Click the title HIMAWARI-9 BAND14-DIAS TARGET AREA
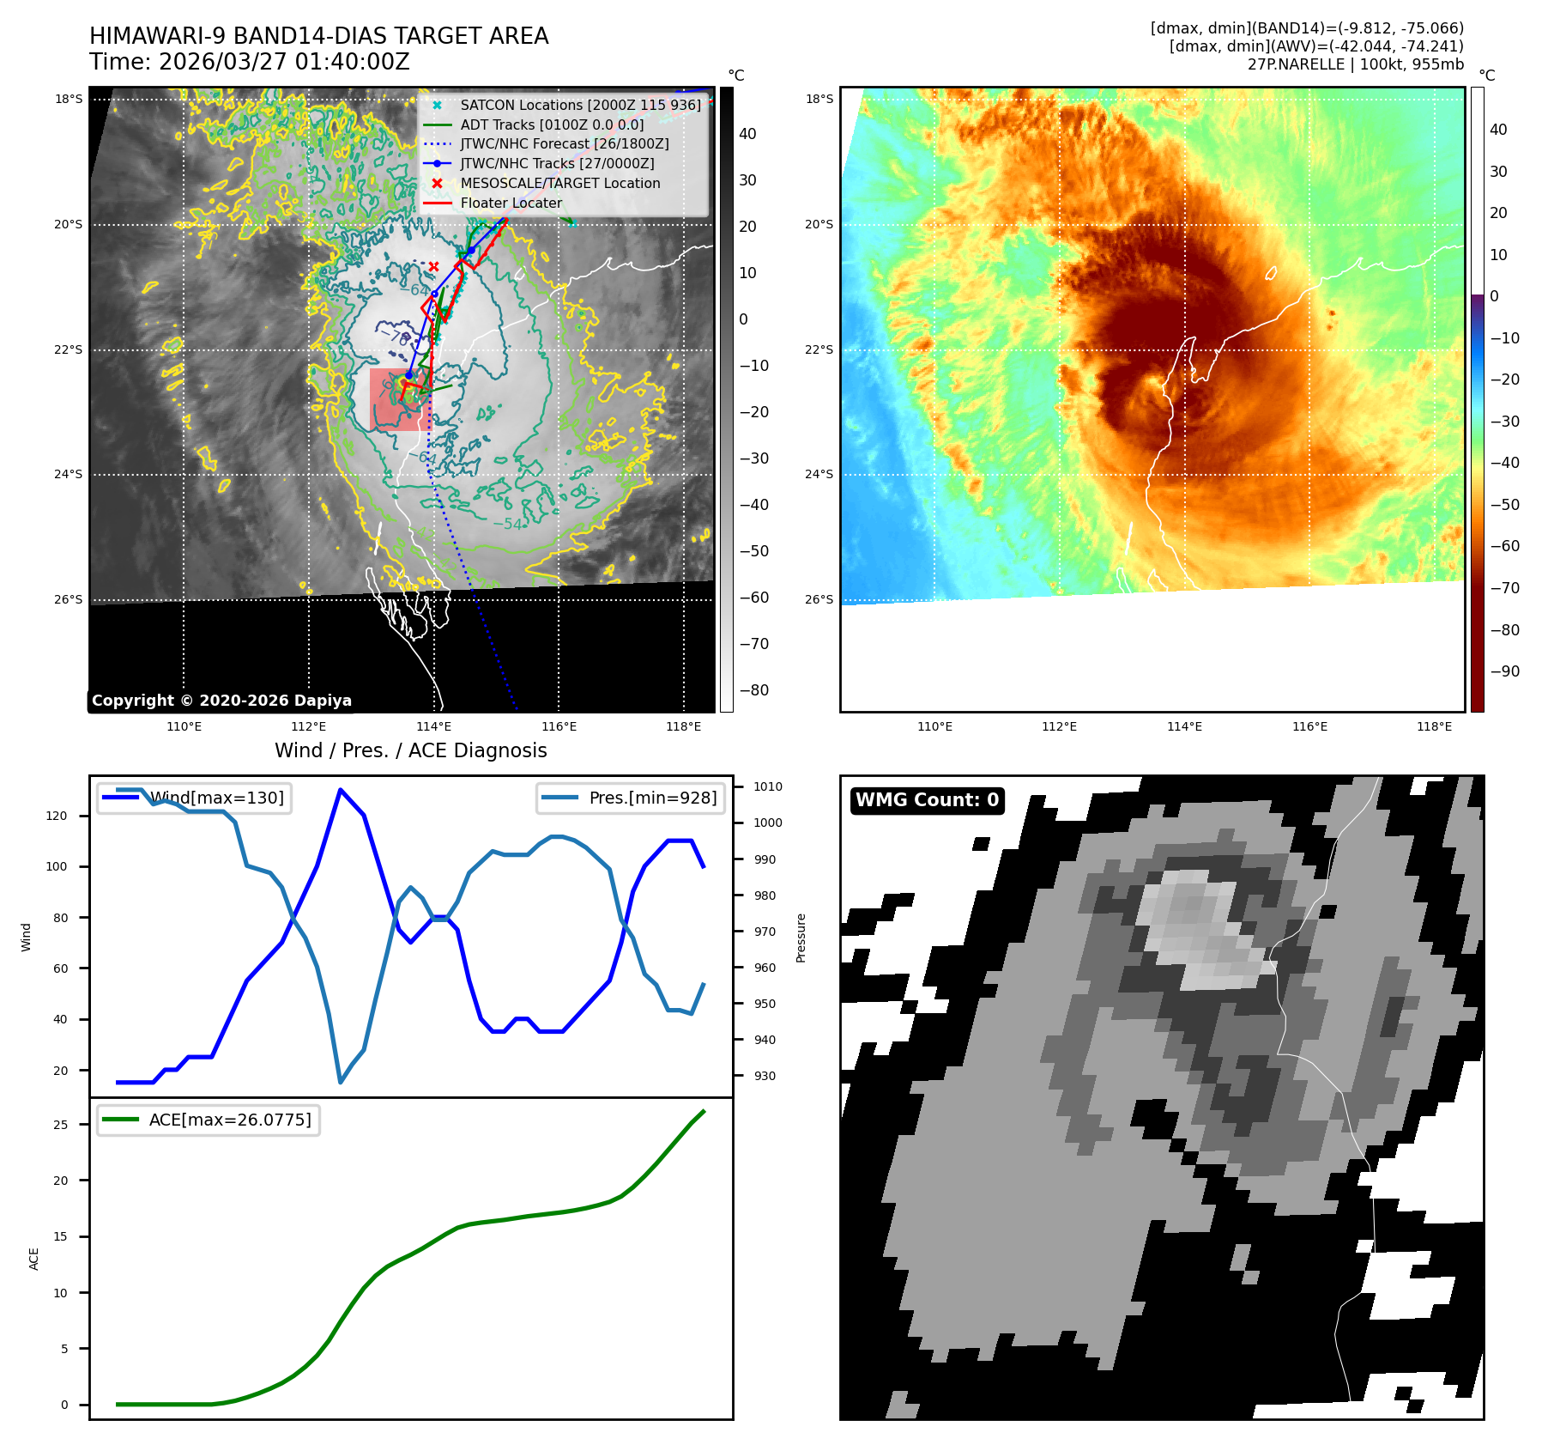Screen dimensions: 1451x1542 (x=318, y=36)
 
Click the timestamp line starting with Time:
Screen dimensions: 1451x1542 (x=249, y=62)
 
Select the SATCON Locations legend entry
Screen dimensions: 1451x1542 (x=580, y=105)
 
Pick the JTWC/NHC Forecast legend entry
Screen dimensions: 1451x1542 (x=564, y=143)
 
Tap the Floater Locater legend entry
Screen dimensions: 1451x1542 (x=511, y=203)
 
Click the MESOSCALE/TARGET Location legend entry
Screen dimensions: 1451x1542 (x=559, y=183)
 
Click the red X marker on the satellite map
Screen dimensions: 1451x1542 (x=434, y=267)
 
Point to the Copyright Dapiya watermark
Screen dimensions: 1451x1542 (x=221, y=701)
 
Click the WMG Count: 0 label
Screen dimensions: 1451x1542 (x=927, y=800)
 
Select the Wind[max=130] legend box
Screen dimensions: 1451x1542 (x=195, y=798)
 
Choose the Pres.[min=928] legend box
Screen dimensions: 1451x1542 (x=631, y=798)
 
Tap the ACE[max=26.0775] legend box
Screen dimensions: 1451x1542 (x=209, y=1120)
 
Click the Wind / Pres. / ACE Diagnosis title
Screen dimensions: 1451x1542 (x=410, y=750)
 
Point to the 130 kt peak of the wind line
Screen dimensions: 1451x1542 (x=341, y=789)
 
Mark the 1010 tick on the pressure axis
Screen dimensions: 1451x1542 (x=767, y=786)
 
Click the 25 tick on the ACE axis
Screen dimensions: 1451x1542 (x=61, y=1124)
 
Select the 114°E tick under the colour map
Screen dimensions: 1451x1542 (x=1184, y=726)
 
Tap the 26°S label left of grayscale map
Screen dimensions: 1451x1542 (x=69, y=599)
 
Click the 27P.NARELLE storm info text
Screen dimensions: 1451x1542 (x=1355, y=64)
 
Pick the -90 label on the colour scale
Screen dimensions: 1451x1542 (x=1504, y=671)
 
